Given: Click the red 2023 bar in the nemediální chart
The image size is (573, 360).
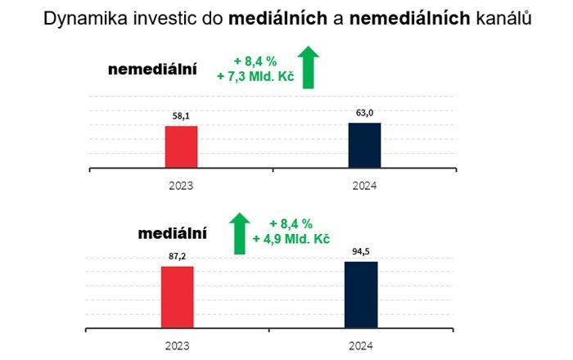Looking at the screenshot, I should click(181, 147).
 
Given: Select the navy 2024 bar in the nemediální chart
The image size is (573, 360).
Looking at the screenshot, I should click(364, 146).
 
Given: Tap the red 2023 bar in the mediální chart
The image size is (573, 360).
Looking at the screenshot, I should click(177, 297).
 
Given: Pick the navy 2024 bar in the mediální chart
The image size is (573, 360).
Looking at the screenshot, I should click(361, 295).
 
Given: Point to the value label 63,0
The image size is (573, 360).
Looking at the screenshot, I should click(364, 114).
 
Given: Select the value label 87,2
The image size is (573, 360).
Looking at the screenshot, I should click(177, 257).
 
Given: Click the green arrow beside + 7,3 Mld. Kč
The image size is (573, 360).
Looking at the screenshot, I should click(308, 67).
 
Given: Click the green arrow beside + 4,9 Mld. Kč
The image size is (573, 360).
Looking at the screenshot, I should click(240, 232).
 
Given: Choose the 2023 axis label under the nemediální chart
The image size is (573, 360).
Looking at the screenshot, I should click(181, 186).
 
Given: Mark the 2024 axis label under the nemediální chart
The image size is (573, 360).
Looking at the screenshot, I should click(364, 186).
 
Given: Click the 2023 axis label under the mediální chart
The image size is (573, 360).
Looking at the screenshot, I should click(177, 345).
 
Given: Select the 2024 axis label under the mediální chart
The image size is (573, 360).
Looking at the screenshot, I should click(361, 345).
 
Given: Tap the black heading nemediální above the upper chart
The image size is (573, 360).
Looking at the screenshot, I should click(152, 70).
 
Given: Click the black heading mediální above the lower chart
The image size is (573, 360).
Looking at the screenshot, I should click(172, 233).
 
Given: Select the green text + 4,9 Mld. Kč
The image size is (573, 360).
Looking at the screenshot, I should click(291, 239).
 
